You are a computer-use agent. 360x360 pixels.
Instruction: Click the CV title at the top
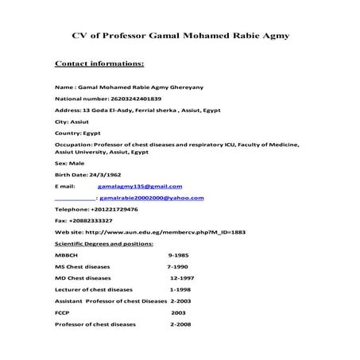180,36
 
